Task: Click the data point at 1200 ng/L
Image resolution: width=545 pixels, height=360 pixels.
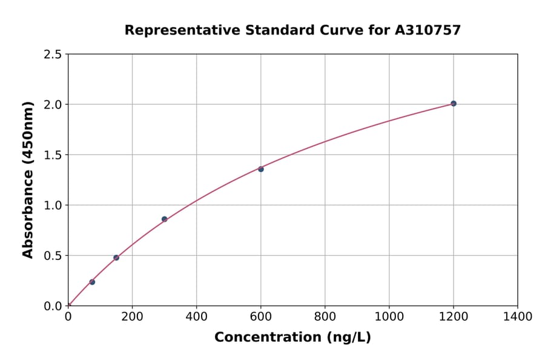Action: pyautogui.click(x=454, y=104)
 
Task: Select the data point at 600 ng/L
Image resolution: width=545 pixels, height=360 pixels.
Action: pyautogui.click(x=261, y=169)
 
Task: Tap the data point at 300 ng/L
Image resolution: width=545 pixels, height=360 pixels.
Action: pyautogui.click(x=165, y=219)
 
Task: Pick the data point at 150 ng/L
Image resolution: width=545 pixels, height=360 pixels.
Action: pyautogui.click(x=116, y=258)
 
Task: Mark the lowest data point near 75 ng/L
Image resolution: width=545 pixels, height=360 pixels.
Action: pyautogui.click(x=92, y=282)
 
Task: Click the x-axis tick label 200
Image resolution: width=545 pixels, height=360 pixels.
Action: pyautogui.click(x=132, y=316)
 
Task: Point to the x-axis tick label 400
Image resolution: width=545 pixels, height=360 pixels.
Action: pyautogui.click(x=196, y=316)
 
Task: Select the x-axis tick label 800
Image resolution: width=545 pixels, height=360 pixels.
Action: pyautogui.click(x=325, y=316)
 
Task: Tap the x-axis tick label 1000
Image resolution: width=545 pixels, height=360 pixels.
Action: pyautogui.click(x=389, y=316)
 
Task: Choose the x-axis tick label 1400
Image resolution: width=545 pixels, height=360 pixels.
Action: pyautogui.click(x=517, y=316)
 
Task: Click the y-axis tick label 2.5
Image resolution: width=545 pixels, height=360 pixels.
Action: pyautogui.click(x=53, y=55)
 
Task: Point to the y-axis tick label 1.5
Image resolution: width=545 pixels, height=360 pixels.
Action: pyautogui.click(x=53, y=155)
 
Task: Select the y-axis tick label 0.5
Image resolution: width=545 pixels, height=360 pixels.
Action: pyautogui.click(x=53, y=256)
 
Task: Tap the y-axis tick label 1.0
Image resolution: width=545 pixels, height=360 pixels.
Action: pyautogui.click(x=53, y=205)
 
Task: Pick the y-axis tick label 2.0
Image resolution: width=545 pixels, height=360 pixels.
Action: pyautogui.click(x=53, y=105)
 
